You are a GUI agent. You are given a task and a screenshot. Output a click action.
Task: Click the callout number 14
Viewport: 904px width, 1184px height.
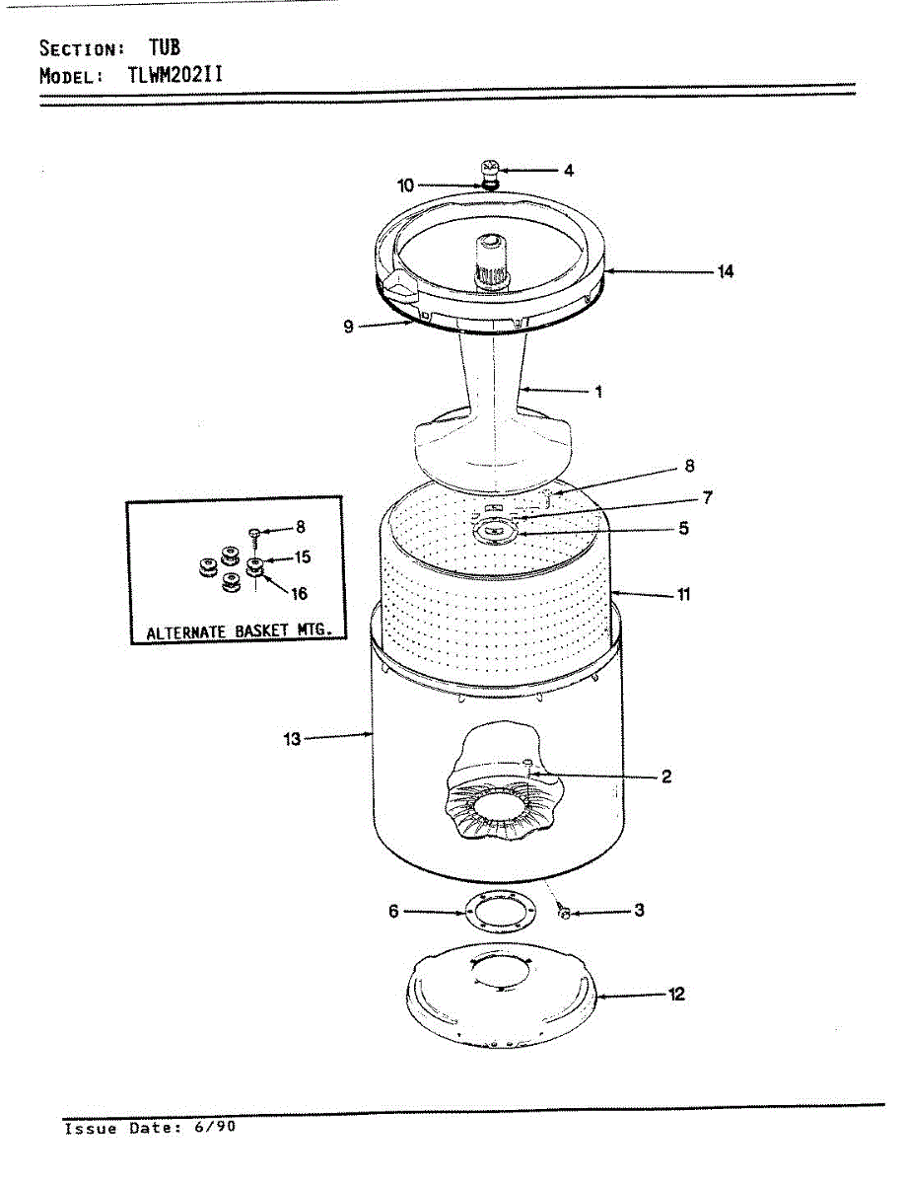pos(726,271)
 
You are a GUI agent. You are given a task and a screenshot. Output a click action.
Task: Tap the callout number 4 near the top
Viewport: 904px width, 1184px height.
pos(569,170)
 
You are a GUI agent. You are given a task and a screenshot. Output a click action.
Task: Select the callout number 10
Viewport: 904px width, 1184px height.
pos(406,185)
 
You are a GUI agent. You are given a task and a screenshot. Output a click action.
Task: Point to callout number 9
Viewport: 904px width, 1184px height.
pos(349,328)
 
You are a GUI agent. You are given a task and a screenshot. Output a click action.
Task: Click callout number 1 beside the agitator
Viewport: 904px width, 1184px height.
pos(597,392)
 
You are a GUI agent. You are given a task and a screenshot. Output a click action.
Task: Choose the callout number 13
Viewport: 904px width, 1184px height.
pos(293,737)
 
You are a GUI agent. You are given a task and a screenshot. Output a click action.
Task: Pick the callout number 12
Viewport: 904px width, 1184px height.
pos(676,995)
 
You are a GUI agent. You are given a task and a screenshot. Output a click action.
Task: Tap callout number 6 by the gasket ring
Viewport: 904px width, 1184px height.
pos(394,912)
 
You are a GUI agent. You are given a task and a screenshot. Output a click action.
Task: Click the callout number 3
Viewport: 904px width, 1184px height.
pos(639,911)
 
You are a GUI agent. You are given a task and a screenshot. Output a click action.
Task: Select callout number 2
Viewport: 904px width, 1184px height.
pos(666,777)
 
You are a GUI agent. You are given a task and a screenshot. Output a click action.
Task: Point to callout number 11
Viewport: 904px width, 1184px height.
pos(683,595)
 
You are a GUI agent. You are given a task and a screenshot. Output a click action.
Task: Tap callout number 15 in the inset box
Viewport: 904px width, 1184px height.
pos(302,557)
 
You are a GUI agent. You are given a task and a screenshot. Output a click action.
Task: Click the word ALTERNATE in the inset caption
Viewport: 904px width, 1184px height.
pos(185,632)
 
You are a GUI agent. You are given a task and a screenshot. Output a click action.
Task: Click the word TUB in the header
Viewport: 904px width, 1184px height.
pos(165,47)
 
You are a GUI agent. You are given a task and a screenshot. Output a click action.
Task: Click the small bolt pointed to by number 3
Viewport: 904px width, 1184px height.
pos(564,913)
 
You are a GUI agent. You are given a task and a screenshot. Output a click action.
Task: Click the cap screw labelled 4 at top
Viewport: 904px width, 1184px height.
pos(490,170)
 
